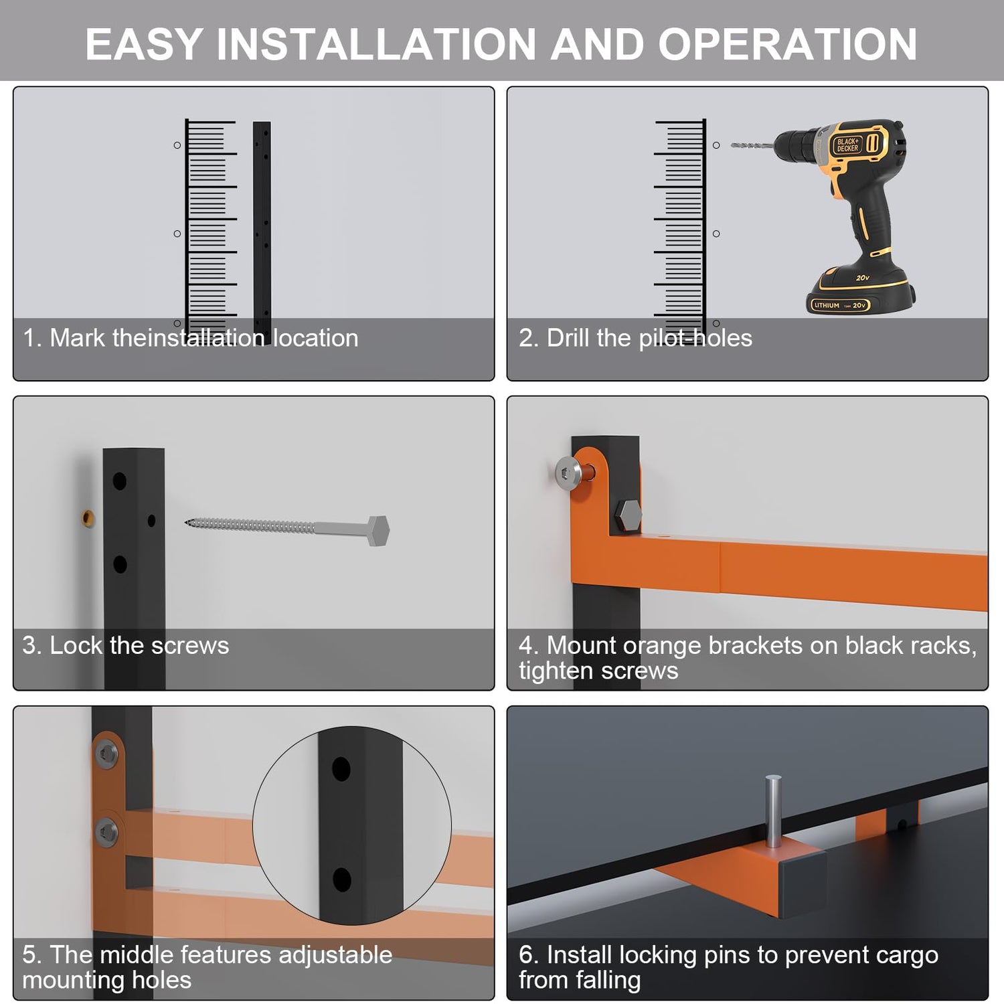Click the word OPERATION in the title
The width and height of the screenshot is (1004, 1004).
pyautogui.click(x=787, y=44)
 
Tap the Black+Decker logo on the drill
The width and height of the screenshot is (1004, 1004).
pyautogui.click(x=848, y=145)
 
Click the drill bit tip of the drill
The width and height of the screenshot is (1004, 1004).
pyautogui.click(x=732, y=145)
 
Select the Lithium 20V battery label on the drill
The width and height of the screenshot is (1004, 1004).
pyautogui.click(x=840, y=305)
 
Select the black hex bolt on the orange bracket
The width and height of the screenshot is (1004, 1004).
pyautogui.click(x=628, y=515)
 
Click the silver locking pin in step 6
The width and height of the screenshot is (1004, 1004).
pyautogui.click(x=773, y=811)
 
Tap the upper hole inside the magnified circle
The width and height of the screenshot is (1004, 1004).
pyautogui.click(x=341, y=770)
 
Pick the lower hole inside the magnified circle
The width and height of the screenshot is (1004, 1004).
pyautogui.click(x=342, y=880)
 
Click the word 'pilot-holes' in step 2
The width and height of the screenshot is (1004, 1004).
pyautogui.click(x=695, y=339)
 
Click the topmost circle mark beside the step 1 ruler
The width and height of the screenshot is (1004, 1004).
pyautogui.click(x=177, y=145)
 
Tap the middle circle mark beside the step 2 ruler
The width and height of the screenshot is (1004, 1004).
pyautogui.click(x=716, y=234)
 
